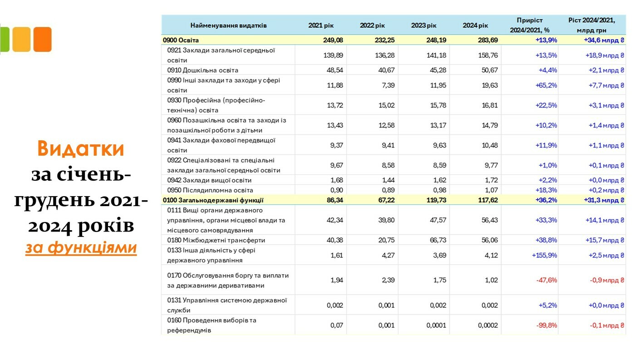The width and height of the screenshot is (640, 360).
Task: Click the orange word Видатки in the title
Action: [81, 148]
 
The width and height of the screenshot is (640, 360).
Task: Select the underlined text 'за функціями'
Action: [81, 248]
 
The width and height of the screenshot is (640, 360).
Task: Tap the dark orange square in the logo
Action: [43, 39]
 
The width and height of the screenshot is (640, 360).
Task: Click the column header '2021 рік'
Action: [321, 25]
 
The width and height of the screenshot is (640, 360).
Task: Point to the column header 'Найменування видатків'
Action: [228, 25]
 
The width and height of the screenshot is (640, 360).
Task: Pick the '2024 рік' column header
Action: [475, 25]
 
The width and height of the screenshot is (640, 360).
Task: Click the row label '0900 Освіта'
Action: [181, 40]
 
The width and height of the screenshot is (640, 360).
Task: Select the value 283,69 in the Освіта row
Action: [487, 40]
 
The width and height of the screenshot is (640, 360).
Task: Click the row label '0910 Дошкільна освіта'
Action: [202, 70]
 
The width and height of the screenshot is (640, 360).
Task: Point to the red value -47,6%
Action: [546, 280]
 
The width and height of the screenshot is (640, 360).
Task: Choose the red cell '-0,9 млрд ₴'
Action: [607, 280]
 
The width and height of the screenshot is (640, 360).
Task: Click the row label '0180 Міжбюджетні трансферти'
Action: [216, 240]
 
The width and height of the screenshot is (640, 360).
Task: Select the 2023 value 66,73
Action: [437, 240]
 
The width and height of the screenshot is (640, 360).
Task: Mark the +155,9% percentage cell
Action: [544, 256]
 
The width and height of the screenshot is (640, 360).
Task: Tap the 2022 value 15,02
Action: [386, 105]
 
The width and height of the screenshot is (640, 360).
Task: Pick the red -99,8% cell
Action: [546, 325]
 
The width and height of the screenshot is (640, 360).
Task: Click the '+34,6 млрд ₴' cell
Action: [604, 40]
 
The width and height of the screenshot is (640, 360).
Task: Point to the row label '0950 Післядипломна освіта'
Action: [210, 190]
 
